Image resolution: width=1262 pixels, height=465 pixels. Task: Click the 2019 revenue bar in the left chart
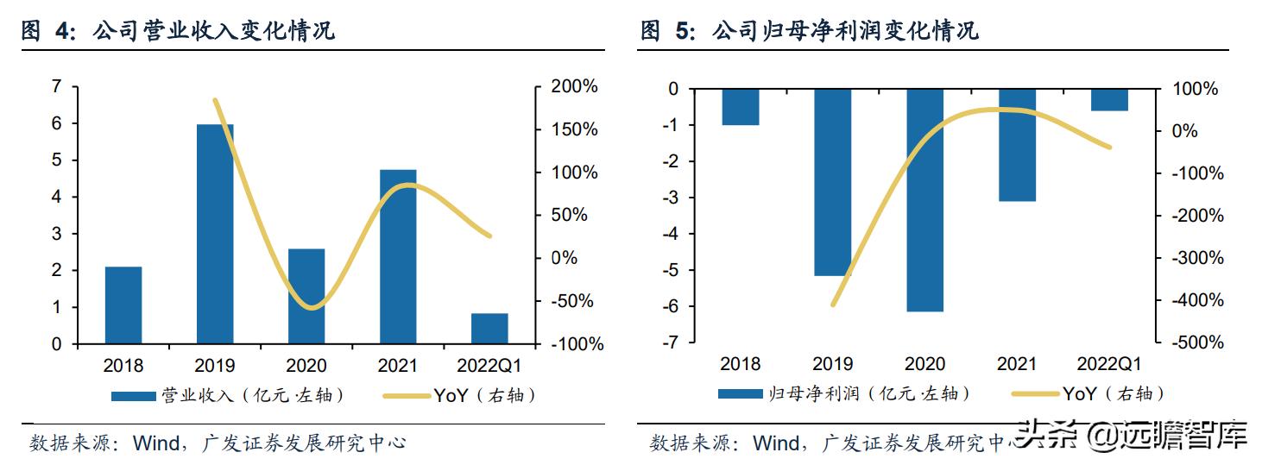coord(215,234)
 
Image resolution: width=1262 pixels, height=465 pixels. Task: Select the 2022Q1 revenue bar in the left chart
coord(489,329)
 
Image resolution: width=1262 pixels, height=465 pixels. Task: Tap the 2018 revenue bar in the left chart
coord(123,305)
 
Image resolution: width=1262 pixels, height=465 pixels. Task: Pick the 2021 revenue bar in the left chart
coord(398,257)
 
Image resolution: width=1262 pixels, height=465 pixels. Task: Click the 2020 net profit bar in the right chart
coord(924,199)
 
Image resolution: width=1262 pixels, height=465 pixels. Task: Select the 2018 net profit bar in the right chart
coord(740,107)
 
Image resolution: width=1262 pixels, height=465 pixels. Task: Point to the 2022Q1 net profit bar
coord(1109,100)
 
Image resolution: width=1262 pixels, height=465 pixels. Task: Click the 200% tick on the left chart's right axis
coord(573,87)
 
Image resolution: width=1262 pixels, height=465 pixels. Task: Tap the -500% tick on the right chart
coord(1198,342)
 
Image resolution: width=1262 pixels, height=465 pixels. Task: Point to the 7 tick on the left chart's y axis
coord(57,87)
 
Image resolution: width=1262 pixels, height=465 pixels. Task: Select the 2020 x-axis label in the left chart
coord(306,365)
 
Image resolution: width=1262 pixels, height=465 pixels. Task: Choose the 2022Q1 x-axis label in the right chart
coord(1109,364)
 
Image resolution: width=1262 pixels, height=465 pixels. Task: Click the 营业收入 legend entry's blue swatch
coord(134,396)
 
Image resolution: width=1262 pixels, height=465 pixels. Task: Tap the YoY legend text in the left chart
coord(450,395)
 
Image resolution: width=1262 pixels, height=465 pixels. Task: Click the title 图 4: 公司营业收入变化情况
coord(178,32)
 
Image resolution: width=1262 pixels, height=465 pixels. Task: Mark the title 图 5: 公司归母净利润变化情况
coord(809,32)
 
